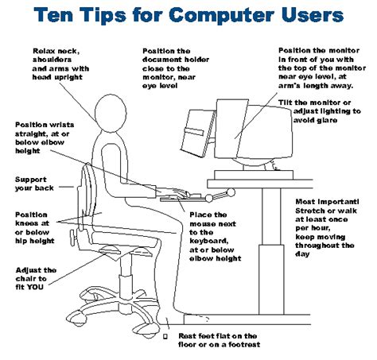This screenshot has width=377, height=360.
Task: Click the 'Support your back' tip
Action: click(33, 184)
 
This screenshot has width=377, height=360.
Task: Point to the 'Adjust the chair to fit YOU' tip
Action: click(36, 281)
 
